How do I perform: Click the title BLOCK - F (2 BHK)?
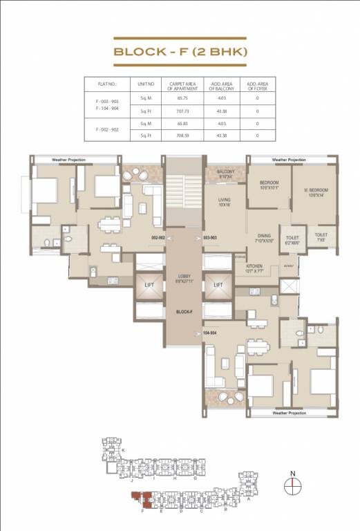[x=180, y=51]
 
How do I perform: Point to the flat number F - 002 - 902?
[x=104, y=129]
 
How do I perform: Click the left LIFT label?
[x=149, y=284]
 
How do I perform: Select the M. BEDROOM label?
[x=314, y=189]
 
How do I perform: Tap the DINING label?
[x=264, y=235]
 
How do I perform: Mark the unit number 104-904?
[x=211, y=333]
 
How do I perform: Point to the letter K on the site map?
[x=122, y=450]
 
